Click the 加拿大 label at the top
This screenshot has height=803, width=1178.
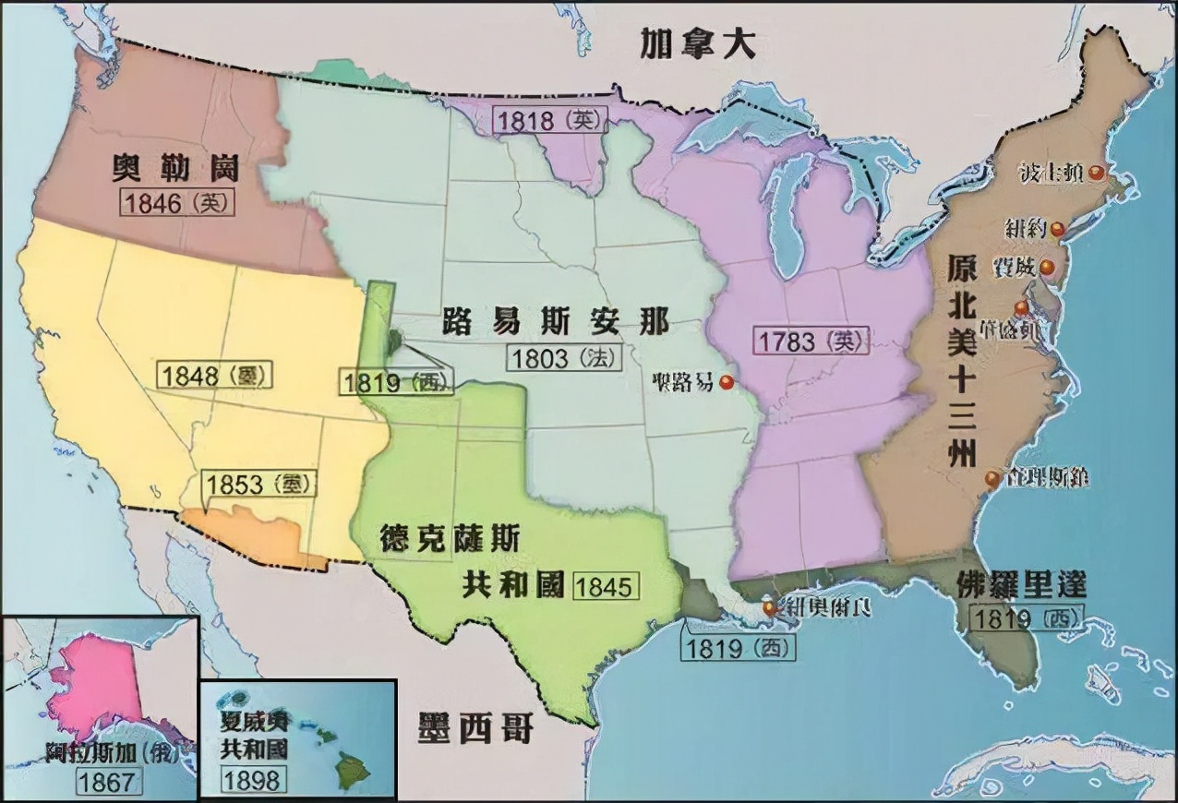click(698, 43)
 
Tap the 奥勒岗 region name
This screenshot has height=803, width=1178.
click(175, 169)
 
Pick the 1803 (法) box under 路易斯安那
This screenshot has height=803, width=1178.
click(564, 357)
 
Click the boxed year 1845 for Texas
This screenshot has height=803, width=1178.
click(607, 586)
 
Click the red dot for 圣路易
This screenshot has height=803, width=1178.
click(727, 382)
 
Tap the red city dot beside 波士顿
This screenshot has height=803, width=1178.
click(1096, 172)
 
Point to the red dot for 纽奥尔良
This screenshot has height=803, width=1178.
click(769, 608)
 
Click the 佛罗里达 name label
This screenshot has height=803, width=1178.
click(1019, 584)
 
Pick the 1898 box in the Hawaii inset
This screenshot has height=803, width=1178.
click(251, 779)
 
